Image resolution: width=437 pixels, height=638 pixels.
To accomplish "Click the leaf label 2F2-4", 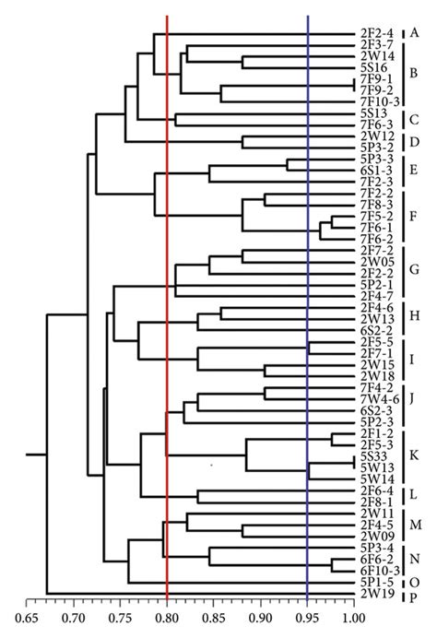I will [x=375, y=34].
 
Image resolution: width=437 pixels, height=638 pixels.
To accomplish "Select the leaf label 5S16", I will [x=373, y=67].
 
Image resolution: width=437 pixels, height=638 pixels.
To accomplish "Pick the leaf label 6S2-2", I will [x=376, y=329].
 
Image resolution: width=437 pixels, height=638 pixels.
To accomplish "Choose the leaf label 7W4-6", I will [x=378, y=398].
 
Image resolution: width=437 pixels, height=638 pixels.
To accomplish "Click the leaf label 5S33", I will [x=373, y=456].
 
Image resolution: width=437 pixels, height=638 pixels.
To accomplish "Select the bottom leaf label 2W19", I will [x=374, y=594].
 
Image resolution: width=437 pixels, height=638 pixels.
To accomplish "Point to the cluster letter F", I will [x=414, y=216].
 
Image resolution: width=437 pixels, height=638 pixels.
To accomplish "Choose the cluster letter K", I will [x=414, y=456].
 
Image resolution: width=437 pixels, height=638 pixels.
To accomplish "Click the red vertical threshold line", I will [x=167, y=304].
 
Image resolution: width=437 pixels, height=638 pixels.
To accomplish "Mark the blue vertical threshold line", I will [x=307, y=304].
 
